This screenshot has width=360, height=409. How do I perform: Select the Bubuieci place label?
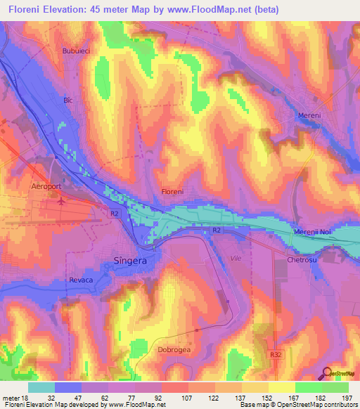77,51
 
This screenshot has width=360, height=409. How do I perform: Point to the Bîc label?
68,100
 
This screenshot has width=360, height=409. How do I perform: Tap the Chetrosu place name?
303,260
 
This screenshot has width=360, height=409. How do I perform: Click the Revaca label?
82,279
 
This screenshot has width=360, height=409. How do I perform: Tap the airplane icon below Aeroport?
61,201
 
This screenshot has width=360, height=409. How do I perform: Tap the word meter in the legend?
11,398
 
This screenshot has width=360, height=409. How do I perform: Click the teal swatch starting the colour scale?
41,387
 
